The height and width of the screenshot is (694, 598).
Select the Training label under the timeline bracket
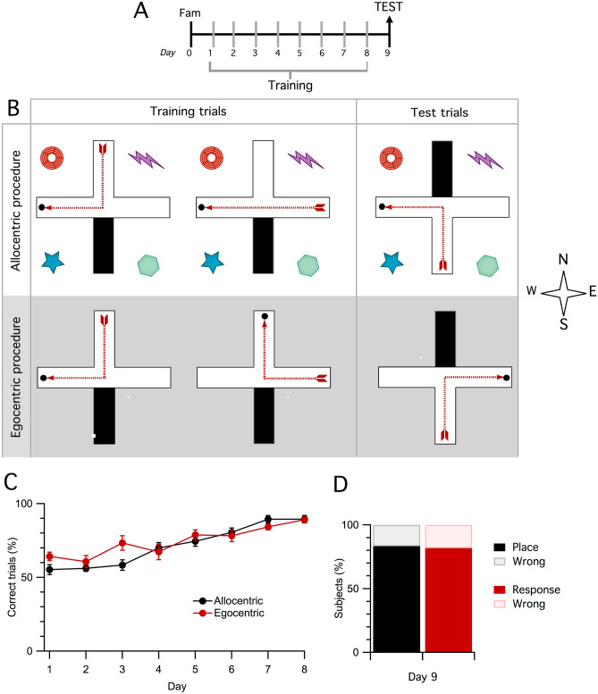(291, 86)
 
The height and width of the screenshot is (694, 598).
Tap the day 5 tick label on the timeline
(300, 54)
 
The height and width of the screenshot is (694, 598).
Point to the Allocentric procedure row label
(15, 211)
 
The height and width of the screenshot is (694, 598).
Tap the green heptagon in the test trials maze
(487, 264)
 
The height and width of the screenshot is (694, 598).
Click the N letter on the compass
(563, 260)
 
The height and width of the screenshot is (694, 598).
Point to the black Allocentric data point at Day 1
(50, 569)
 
